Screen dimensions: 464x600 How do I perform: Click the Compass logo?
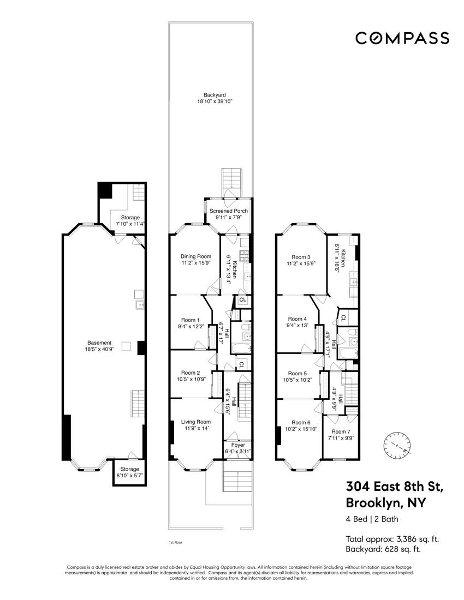402,38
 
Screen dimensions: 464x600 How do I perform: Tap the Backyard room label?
215,98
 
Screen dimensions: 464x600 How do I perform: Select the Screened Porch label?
229,214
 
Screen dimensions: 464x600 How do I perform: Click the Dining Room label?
195,260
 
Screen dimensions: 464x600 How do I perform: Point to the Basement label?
99,346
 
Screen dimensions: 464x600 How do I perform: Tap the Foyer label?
238,448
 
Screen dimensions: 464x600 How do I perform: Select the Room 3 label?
301,260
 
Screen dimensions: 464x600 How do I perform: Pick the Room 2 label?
191,376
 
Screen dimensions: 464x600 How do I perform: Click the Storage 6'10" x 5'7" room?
129,472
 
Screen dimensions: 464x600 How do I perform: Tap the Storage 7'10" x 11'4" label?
130,220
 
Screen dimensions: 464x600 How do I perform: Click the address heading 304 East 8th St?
394,487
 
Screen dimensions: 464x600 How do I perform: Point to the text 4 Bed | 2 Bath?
372,519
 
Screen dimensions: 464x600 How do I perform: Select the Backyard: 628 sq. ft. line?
383,549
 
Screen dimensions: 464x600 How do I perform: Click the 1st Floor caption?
175,543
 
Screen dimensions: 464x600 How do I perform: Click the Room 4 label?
297,322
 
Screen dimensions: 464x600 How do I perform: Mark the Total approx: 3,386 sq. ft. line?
392,539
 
